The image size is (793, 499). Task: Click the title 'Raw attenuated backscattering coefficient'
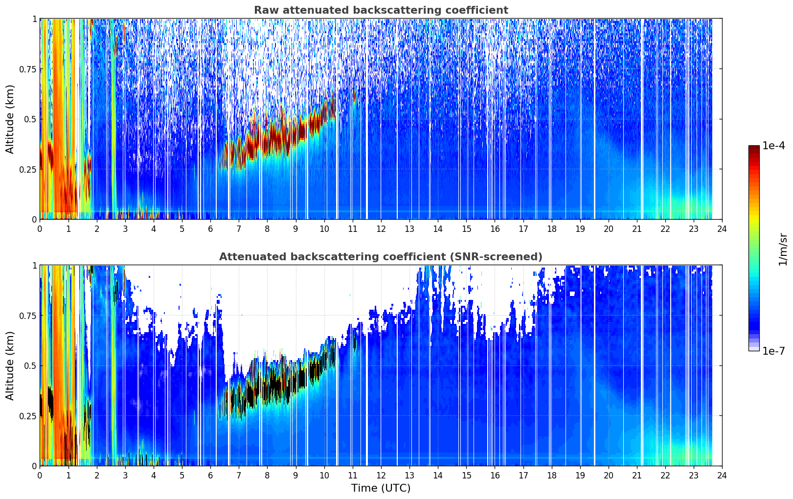pyautogui.click(x=381, y=10)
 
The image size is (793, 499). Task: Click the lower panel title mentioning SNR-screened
pyautogui.click(x=381, y=256)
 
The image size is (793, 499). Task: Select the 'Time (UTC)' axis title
pyautogui.click(x=381, y=488)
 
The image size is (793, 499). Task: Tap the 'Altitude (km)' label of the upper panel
pyautogui.click(x=10, y=119)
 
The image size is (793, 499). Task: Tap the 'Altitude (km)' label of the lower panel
pyautogui.click(x=10, y=365)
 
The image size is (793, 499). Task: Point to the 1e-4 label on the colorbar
pyautogui.click(x=773, y=146)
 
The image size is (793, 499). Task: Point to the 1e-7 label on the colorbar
pyautogui.click(x=773, y=351)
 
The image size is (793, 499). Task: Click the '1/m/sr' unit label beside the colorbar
pyautogui.click(x=783, y=249)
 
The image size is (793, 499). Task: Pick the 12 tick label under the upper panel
pyautogui.click(x=381, y=229)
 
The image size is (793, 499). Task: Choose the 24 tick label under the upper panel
pyautogui.click(x=722, y=229)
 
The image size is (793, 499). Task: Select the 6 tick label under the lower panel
pyautogui.click(x=210, y=476)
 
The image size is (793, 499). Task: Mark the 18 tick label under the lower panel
pyautogui.click(x=551, y=476)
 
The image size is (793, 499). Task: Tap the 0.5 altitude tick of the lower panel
pyautogui.click(x=30, y=365)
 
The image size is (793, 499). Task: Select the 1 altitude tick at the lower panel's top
pyautogui.click(x=34, y=266)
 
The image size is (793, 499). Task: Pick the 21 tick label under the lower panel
pyautogui.click(x=637, y=476)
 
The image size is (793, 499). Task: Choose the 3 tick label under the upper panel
pyautogui.click(x=125, y=229)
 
